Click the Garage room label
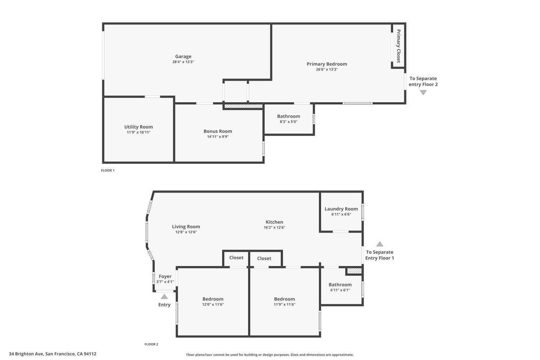(x=183, y=57)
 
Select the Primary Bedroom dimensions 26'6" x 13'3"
(x=327, y=69)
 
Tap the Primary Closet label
(x=399, y=46)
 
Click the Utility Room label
(x=139, y=127)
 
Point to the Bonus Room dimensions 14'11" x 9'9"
(x=217, y=137)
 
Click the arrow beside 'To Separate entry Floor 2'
(x=423, y=93)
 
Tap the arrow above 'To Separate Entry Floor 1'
(x=379, y=244)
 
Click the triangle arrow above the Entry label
(x=164, y=297)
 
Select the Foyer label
(x=165, y=276)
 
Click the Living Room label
(x=186, y=227)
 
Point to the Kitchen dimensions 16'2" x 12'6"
(x=274, y=228)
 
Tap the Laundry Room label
(x=341, y=209)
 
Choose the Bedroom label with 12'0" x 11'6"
(x=213, y=299)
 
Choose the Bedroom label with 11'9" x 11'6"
(x=284, y=299)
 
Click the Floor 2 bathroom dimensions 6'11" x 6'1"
(x=340, y=290)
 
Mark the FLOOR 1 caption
(x=108, y=171)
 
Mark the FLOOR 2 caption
(x=151, y=345)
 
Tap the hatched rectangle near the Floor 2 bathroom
(x=354, y=271)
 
